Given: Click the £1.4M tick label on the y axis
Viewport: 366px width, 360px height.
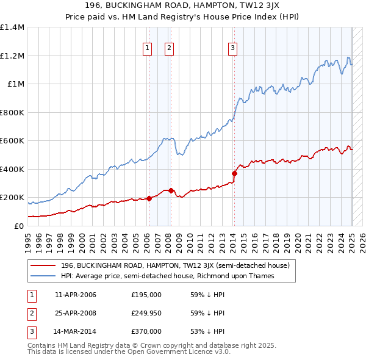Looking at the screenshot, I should (x=12, y=27).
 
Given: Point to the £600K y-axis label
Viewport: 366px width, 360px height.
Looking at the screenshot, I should (x=12, y=141).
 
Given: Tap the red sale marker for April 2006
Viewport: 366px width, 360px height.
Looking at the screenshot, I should (x=149, y=198).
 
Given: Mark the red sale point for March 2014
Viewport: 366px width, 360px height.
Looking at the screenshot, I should (x=234, y=174).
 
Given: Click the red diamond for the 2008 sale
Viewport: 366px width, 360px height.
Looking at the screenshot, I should (x=171, y=190).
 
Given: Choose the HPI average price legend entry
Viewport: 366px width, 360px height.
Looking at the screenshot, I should (x=168, y=276).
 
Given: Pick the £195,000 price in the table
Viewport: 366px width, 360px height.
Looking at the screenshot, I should (x=146, y=295).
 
